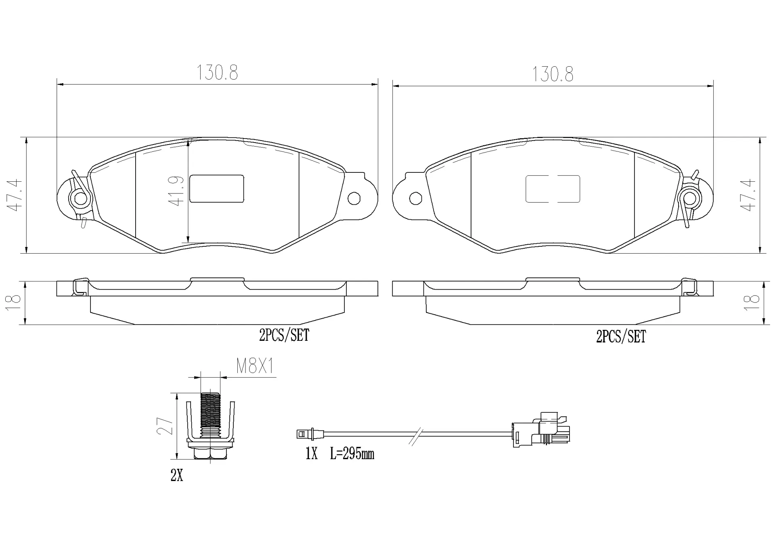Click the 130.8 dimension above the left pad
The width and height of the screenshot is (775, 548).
point(217,73)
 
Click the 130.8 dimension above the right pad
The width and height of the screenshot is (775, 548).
point(552,74)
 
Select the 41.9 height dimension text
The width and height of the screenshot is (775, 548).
point(177,191)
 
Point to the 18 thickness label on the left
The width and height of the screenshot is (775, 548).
point(14,302)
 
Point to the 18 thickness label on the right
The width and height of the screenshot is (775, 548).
point(752,302)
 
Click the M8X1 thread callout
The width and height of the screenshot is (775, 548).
point(255,367)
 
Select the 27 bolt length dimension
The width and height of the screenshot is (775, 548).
point(165,426)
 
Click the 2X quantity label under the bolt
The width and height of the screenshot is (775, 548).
point(177,476)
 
